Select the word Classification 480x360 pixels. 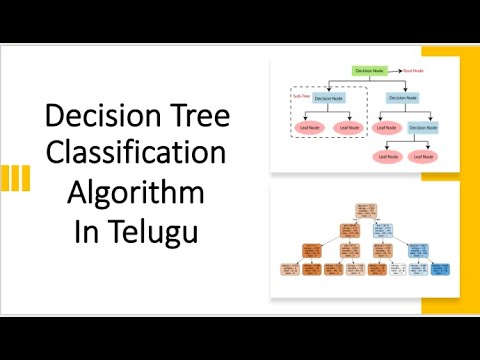[x=138, y=156]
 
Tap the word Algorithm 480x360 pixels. [x=138, y=193]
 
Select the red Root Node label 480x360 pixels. [x=413, y=72]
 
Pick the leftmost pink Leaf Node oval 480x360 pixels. [x=308, y=127]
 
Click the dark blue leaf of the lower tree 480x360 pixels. [x=441, y=269]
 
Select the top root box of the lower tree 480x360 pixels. [x=364, y=208]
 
